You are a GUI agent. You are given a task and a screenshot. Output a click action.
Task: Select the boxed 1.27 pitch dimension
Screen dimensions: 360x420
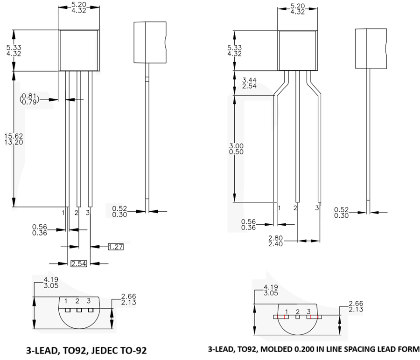point(116,246)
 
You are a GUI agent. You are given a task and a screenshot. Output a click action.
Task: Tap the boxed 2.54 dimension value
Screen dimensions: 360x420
point(78,264)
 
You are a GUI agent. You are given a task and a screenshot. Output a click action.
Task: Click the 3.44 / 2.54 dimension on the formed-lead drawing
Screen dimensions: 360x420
point(250,83)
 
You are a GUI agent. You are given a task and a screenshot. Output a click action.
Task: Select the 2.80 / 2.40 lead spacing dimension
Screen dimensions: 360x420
point(276,241)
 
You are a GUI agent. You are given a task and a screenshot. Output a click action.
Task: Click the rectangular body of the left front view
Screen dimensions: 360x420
point(79,50)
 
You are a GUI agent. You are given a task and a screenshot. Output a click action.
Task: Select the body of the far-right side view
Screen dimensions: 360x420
point(371,48)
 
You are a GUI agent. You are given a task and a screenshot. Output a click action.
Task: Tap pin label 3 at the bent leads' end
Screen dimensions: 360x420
point(317,208)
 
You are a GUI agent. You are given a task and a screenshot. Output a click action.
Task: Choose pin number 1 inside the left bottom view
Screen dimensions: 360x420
point(66,301)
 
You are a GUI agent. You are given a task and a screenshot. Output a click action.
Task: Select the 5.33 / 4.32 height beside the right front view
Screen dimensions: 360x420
point(234,50)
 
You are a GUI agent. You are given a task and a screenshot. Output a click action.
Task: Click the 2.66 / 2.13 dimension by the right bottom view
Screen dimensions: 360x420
point(356,306)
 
